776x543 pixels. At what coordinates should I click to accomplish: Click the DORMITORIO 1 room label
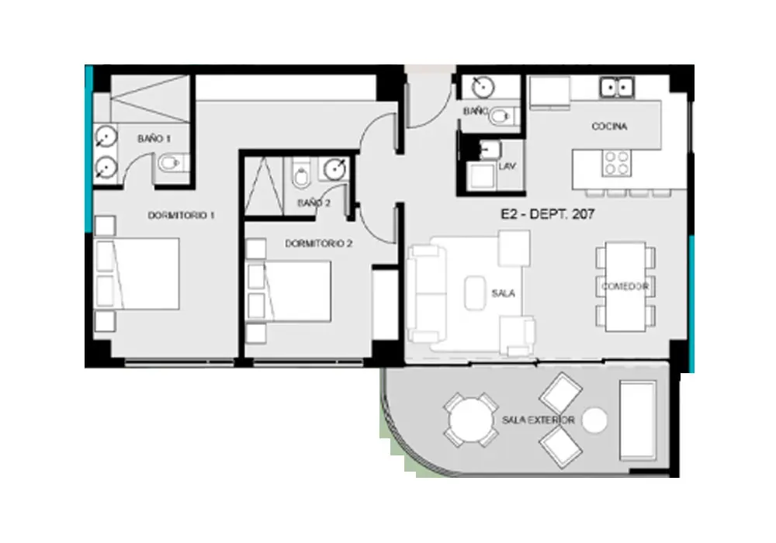[181, 216]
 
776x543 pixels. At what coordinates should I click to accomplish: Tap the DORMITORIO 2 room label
[319, 244]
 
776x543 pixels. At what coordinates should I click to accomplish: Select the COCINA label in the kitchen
[609, 126]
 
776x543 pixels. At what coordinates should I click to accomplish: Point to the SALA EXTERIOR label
[538, 420]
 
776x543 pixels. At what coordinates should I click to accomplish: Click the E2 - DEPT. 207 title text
[547, 214]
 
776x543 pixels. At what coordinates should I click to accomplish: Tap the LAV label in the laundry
[508, 166]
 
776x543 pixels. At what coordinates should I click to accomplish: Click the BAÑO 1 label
[154, 139]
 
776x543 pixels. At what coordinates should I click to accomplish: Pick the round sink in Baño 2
[335, 170]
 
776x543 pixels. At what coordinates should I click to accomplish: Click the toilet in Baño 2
[300, 173]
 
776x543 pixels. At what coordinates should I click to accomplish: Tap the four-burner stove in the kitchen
[617, 164]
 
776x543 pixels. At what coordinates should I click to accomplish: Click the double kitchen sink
[617, 88]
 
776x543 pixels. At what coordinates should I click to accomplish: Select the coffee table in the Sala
[475, 293]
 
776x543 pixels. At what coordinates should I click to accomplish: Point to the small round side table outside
[594, 420]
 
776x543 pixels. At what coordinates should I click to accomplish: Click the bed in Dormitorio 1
[137, 274]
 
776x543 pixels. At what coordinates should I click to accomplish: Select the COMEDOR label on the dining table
[625, 286]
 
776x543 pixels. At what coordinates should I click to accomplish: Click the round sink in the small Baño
[483, 88]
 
